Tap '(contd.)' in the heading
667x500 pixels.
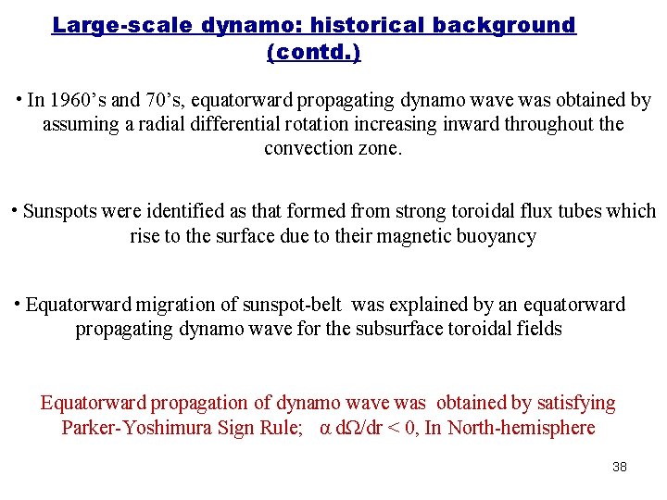[x=314, y=52]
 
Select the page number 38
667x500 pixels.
[x=620, y=467]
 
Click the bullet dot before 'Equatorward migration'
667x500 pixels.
[x=18, y=302]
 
